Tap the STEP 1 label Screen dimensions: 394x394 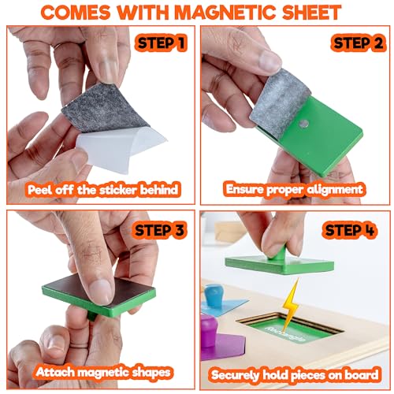[161, 43]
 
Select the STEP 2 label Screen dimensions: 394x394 [358, 43]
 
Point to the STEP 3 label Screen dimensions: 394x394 [159, 230]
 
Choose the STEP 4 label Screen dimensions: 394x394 [350, 230]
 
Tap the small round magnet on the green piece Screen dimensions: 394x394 [304, 124]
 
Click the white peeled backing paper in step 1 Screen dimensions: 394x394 [121, 148]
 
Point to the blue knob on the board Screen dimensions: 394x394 [214, 295]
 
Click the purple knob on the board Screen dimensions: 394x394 [209, 331]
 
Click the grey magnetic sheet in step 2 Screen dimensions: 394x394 [280, 100]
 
